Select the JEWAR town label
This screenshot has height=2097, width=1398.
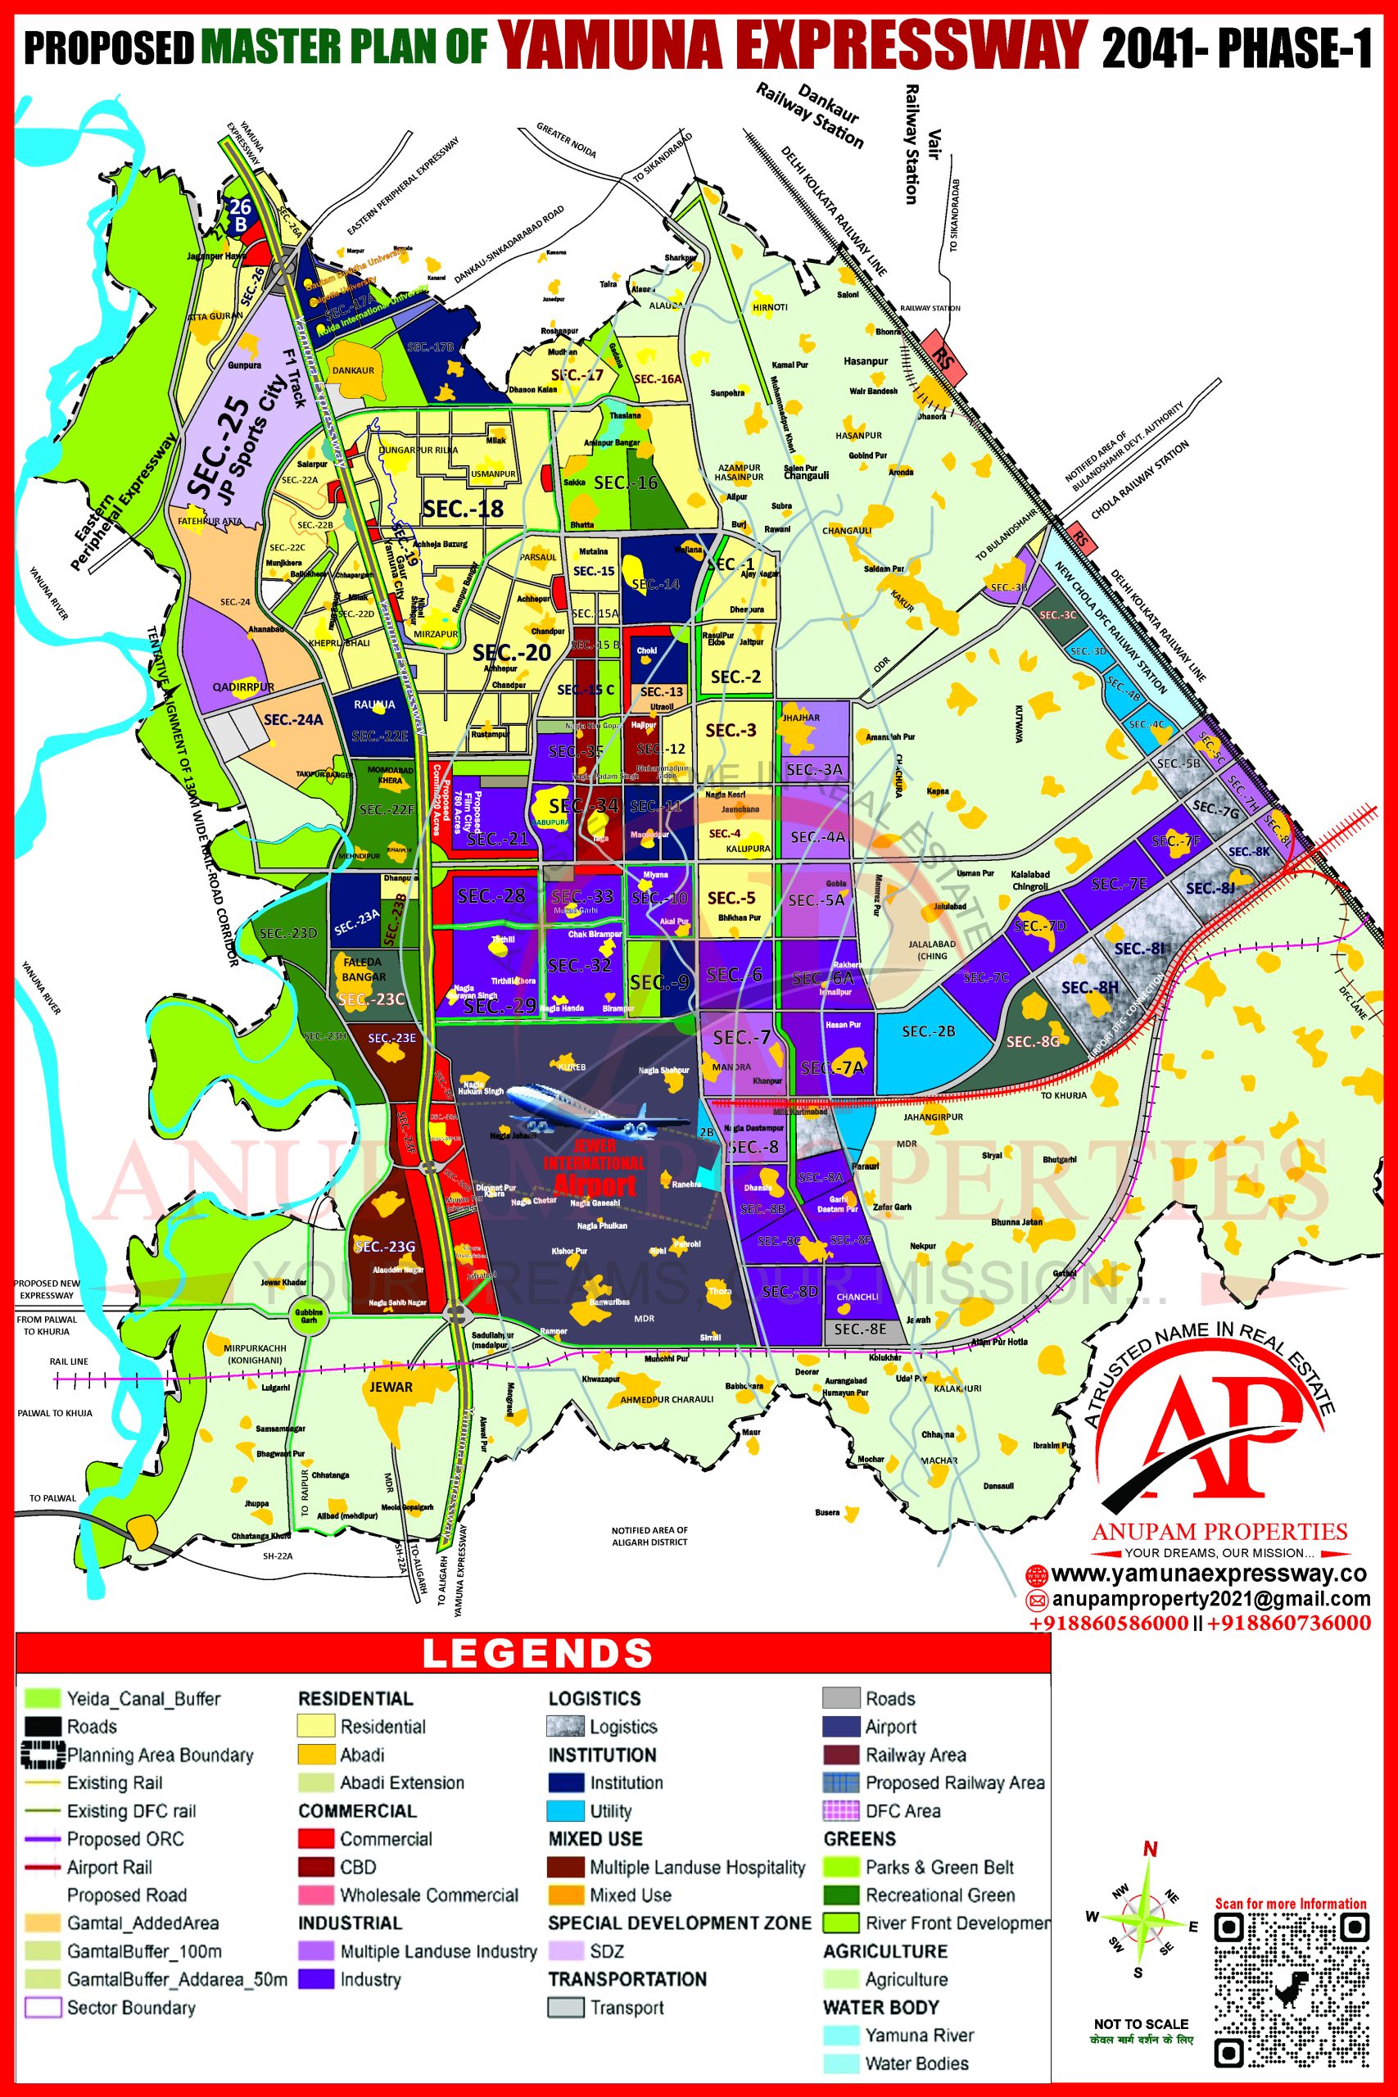391,1387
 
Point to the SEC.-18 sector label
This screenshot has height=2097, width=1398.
463,509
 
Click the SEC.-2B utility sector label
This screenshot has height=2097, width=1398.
928,1030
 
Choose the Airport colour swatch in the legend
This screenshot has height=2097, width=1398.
841,1726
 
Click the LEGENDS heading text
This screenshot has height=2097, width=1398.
536,1653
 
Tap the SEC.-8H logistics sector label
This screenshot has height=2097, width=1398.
1089,987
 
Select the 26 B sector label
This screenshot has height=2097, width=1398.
240,215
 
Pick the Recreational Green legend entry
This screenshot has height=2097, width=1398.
939,1895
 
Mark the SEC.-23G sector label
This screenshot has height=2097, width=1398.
384,1247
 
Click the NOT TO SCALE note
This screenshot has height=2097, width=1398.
1141,2024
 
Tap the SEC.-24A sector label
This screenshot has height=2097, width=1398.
293,719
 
